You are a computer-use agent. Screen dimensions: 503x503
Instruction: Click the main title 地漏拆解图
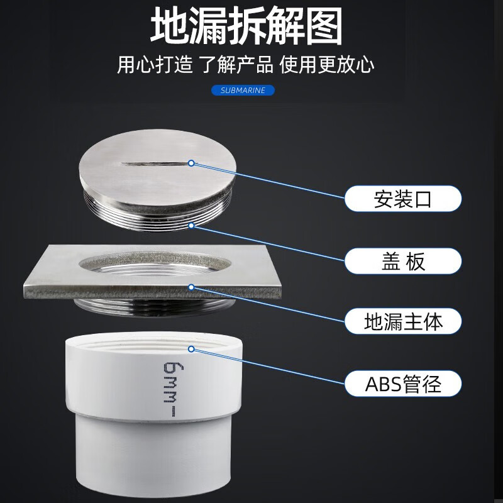[x=246, y=26]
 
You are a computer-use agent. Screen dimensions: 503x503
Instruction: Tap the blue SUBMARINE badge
[x=243, y=90]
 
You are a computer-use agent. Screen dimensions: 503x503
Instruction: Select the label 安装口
[x=403, y=199]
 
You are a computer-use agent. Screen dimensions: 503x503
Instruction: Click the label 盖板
[x=403, y=261]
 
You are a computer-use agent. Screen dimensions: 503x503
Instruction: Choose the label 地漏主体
[x=403, y=321]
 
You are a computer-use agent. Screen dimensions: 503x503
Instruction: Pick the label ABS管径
[x=403, y=384]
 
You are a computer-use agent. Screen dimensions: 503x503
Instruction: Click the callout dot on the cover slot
[x=191, y=163]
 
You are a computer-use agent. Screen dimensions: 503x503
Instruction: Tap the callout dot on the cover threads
[x=191, y=226]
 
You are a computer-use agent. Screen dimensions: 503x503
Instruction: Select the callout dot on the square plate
[x=191, y=287]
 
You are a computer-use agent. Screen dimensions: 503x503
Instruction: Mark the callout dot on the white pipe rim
[x=191, y=349]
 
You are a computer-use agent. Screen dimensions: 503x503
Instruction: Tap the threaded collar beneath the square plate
[x=154, y=307]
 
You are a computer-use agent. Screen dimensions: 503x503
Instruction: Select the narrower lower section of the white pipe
[x=153, y=455]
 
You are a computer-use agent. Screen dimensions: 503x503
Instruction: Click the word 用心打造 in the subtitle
[x=155, y=65]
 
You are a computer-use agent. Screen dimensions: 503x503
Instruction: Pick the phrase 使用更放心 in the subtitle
[x=326, y=65]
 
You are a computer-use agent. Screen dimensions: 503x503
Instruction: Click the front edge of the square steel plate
[x=152, y=292]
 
